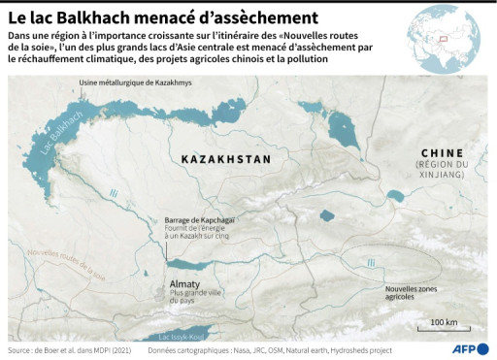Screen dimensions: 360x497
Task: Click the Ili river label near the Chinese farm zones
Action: pyautogui.click(x=371, y=262)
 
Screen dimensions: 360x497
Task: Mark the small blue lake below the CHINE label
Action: pyautogui.click(x=396, y=197)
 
